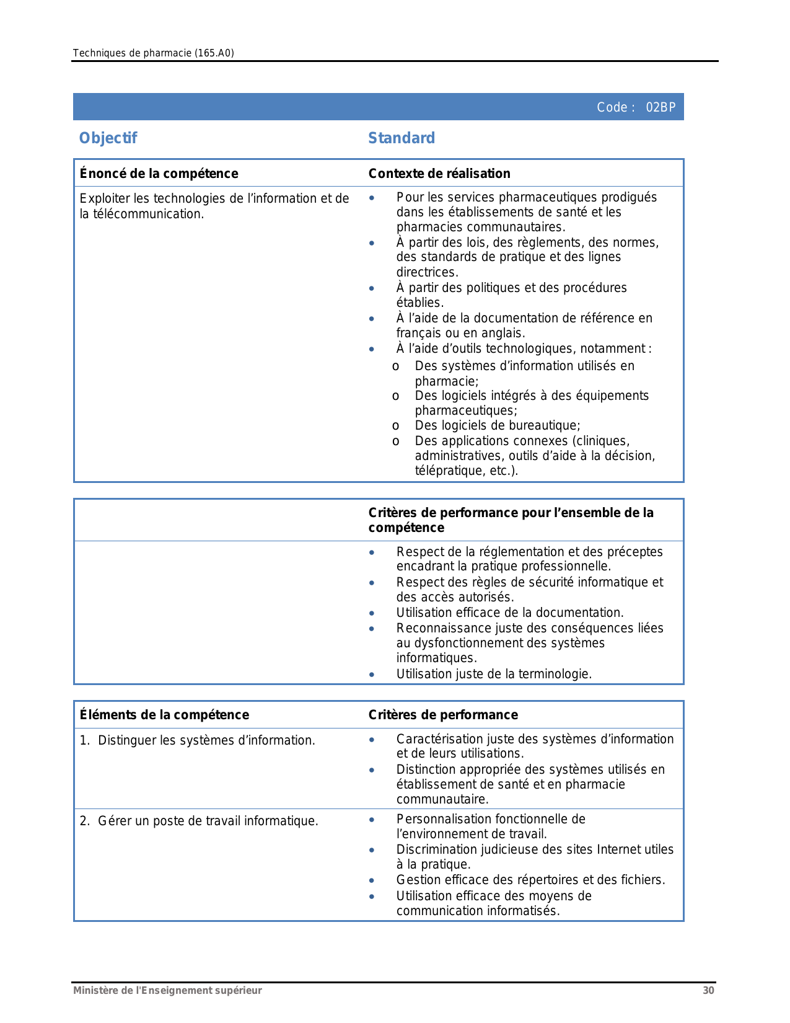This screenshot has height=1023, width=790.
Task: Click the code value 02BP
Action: pos(661,107)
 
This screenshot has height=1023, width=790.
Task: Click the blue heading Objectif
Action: pos(108,138)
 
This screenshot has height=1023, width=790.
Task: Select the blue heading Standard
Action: pos(402,138)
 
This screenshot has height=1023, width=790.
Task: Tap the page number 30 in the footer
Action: pos(708,990)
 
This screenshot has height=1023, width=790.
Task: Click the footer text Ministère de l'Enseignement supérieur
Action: pos(167,990)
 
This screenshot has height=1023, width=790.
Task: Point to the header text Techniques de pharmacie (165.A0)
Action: pos(153,53)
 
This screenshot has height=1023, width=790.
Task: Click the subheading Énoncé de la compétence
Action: pos(159,174)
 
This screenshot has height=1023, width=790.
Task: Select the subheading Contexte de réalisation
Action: pos(439,174)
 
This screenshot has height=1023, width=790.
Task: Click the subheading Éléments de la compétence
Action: pos(164,715)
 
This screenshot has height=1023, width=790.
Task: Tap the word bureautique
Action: pos(544,425)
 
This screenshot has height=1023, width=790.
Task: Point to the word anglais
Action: pos(504,334)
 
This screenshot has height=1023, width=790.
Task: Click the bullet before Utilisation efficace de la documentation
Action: pos(371,613)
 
